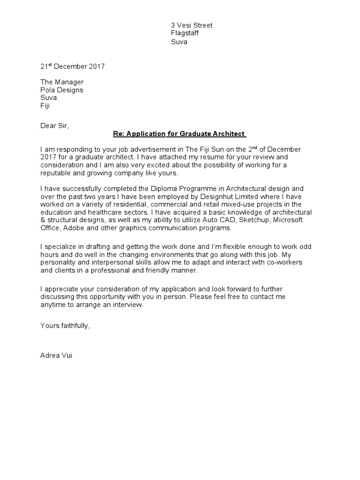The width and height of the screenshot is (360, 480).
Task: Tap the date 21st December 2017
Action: [73, 67]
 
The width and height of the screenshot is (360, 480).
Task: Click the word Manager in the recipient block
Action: [68, 82]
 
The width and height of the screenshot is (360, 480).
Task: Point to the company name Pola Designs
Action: [62, 90]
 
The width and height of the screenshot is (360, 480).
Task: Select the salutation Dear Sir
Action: [54, 126]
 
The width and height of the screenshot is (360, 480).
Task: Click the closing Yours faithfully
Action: [65, 325]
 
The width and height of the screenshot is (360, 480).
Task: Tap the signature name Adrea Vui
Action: [56, 356]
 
